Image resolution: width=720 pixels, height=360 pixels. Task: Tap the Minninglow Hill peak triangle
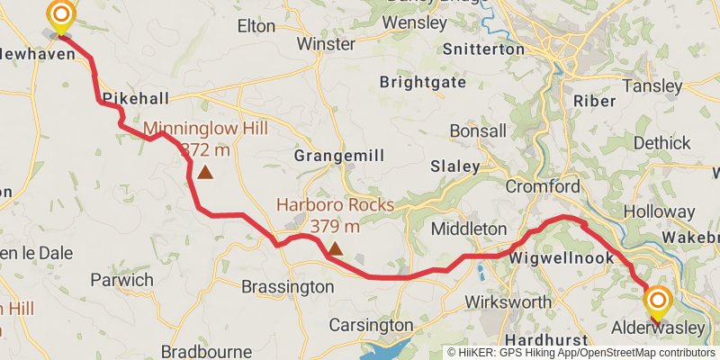(x=205, y=172)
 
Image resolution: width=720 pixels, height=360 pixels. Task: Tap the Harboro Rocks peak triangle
(x=335, y=247)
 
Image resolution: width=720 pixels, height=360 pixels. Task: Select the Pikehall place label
(x=133, y=97)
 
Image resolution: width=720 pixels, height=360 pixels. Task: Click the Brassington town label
(x=287, y=287)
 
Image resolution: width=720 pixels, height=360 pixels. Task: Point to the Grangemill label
(x=339, y=156)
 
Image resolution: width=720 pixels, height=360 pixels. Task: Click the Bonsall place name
(x=478, y=131)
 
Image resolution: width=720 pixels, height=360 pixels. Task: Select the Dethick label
(x=661, y=142)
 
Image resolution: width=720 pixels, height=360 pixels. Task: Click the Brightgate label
(x=423, y=82)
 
